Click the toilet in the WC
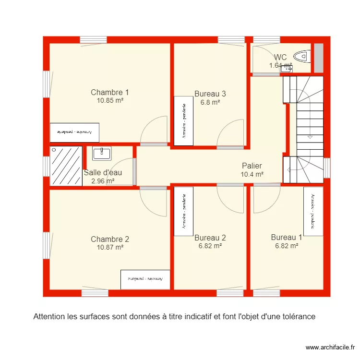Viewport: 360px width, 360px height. click(x=301, y=57)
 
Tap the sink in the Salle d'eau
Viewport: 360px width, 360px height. click(x=102, y=154)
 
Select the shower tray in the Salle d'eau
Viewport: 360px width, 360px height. click(x=66, y=166)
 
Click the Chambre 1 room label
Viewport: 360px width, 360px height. click(x=110, y=92)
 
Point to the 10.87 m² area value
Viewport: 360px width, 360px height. click(x=110, y=247)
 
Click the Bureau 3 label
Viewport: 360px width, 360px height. click(x=210, y=94)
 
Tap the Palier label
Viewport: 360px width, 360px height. click(x=252, y=166)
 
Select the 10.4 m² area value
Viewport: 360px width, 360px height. click(x=252, y=175)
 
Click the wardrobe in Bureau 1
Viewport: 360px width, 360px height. click(x=313, y=211)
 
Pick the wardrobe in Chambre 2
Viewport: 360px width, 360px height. click(x=145, y=279)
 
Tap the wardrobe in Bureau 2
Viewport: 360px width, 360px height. click(x=183, y=211)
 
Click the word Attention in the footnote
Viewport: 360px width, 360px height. click(x=48, y=317)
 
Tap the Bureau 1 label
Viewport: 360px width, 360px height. click(x=287, y=237)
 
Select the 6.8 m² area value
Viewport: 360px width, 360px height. click(x=210, y=102)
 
